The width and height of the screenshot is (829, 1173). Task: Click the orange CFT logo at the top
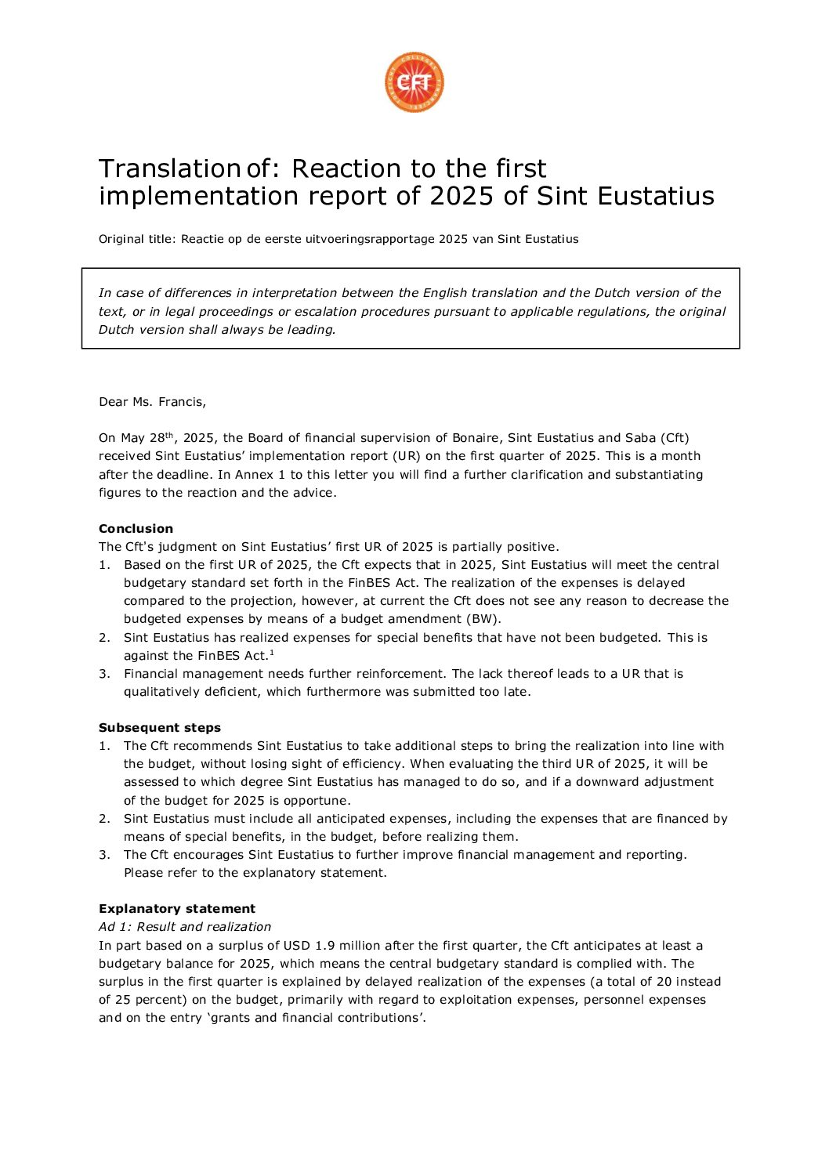point(414,82)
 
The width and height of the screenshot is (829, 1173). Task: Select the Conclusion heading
point(136,529)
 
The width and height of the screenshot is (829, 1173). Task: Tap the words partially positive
point(506,547)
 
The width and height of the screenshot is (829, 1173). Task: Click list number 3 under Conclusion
point(104,674)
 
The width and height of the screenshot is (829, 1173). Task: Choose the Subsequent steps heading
point(160,728)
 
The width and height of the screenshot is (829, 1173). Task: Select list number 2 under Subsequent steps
point(104,819)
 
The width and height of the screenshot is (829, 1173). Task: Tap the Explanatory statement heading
point(177,909)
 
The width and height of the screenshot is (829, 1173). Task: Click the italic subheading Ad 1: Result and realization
point(185,927)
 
